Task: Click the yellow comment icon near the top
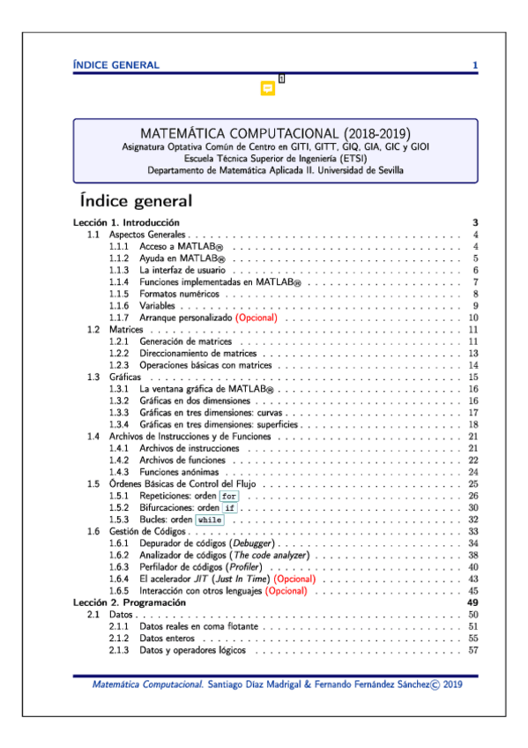[268, 88]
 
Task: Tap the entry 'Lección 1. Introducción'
[127, 222]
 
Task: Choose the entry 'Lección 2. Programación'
[128, 602]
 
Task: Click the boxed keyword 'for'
[229, 496]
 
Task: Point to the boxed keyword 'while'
[209, 520]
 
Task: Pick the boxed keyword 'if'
[229, 508]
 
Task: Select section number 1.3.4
[120, 424]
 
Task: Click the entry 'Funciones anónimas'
[179, 472]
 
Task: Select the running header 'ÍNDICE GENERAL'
[116, 64]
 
